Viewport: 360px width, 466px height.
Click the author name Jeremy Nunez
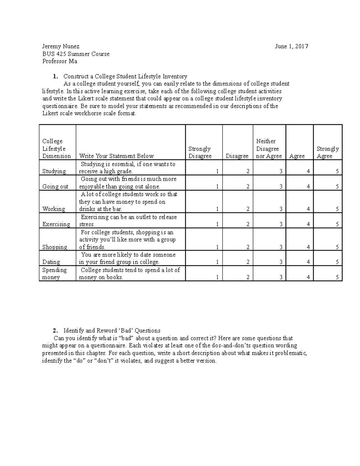click(x=61, y=46)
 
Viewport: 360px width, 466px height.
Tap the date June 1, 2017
click(x=292, y=46)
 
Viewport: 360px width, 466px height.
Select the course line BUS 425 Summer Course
click(x=76, y=54)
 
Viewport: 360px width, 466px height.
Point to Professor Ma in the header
click(x=59, y=62)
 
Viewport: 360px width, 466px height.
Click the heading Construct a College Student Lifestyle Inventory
click(x=125, y=77)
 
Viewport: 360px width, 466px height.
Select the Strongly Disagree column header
click(x=200, y=152)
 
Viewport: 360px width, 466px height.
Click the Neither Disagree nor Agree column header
click(x=269, y=149)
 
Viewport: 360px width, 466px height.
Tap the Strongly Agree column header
click(x=328, y=152)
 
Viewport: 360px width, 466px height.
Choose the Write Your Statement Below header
click(x=116, y=156)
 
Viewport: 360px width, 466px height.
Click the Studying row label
click(x=54, y=171)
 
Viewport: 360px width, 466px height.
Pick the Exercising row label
click(x=56, y=224)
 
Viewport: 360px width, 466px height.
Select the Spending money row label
click(x=54, y=273)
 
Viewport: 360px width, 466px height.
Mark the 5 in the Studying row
click(x=337, y=171)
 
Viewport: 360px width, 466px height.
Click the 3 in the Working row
click(x=281, y=209)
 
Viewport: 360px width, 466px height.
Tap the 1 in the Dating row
click(x=217, y=262)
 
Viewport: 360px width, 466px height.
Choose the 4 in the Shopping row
click(x=308, y=247)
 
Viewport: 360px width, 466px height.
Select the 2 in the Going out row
click(x=248, y=187)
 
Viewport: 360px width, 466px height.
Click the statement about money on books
click(x=130, y=273)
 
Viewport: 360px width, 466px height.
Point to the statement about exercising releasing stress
click(x=128, y=221)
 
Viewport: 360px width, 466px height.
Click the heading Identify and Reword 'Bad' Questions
click(x=112, y=331)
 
